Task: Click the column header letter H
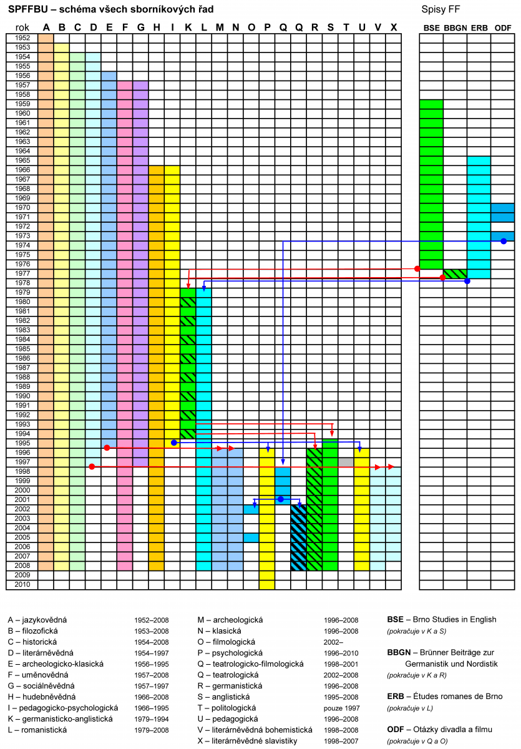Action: pos(156,27)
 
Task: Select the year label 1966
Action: pos(22,170)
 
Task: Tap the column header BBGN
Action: pos(455,28)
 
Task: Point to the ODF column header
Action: pos(502,28)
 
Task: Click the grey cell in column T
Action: pos(346,462)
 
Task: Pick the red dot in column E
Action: pos(107,448)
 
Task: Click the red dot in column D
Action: pos(92,467)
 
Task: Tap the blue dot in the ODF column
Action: pos(504,241)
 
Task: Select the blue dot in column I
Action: pos(174,443)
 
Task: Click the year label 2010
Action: pos(22,585)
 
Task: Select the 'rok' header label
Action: pos(22,27)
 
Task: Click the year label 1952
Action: pos(22,37)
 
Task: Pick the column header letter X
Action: pos(393,27)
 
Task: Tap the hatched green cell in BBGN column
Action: pos(455,273)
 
